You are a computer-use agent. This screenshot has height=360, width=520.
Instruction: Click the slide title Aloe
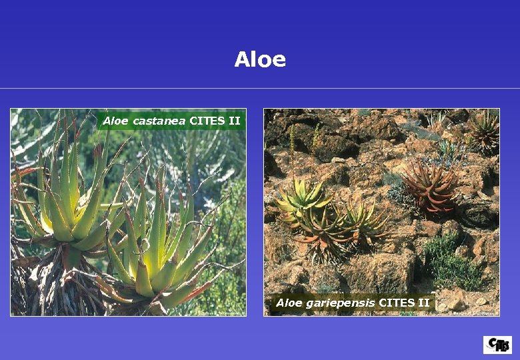tap(260, 60)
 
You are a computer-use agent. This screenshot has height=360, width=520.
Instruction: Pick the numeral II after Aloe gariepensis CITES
tap(423, 303)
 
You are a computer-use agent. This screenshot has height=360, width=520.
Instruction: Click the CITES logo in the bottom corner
tap(497, 345)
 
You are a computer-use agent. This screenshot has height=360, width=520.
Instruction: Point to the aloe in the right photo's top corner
tap(483, 130)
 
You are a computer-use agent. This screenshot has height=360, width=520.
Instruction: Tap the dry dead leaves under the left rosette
tap(53, 287)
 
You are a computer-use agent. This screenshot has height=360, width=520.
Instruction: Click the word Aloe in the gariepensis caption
tap(289, 303)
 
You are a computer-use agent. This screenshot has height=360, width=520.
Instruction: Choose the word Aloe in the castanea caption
tap(116, 121)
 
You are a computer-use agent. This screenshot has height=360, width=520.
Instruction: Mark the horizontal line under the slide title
tap(260, 88)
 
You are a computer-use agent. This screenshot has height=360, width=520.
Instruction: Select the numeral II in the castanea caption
tap(233, 121)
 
